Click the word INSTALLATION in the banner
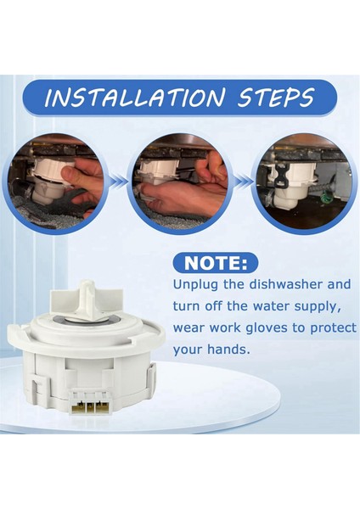click(x=134, y=97)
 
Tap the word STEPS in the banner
click(x=275, y=97)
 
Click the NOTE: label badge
click(x=216, y=263)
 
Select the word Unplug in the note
click(x=194, y=285)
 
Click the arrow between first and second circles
click(x=118, y=181)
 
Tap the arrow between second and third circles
click(x=245, y=181)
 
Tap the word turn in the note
click(x=186, y=306)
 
